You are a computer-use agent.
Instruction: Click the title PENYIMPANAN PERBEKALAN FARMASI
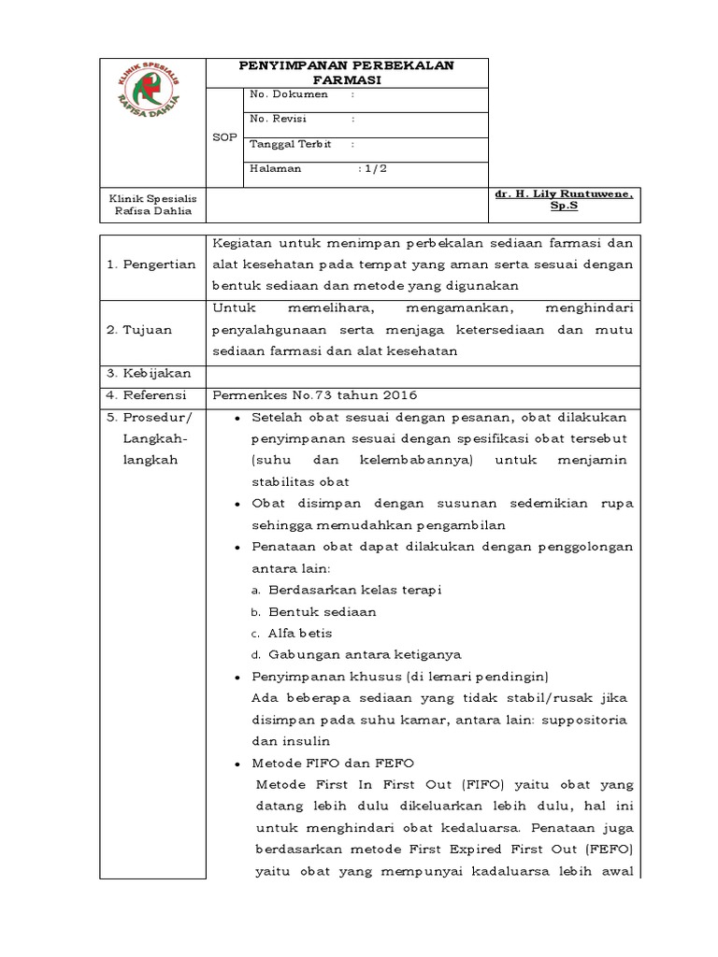pyautogui.click(x=347, y=72)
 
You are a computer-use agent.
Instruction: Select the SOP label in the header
pyautogui.click(x=224, y=136)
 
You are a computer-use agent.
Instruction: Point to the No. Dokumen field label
pyautogui.click(x=289, y=94)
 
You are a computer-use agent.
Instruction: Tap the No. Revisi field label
pyautogui.click(x=279, y=119)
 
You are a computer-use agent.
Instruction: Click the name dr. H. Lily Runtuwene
pyautogui.click(x=565, y=193)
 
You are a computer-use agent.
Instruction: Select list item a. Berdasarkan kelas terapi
pyautogui.click(x=346, y=590)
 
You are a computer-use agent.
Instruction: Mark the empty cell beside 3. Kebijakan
pyautogui.click(x=423, y=373)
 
